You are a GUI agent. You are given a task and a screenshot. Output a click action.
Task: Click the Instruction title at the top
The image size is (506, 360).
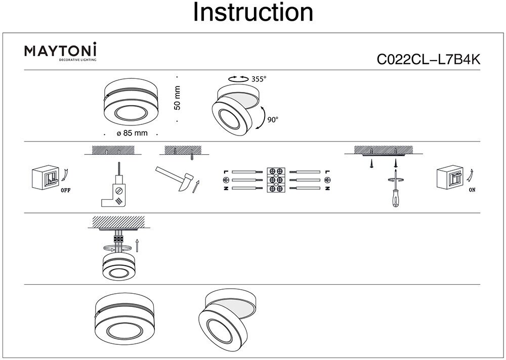[x=253, y=13]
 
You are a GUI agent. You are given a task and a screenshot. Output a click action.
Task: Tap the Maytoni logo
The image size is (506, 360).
[x=61, y=52]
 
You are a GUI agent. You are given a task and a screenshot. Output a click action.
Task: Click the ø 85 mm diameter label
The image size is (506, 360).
[x=131, y=133]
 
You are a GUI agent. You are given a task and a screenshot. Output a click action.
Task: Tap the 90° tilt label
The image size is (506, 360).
[x=273, y=120]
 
